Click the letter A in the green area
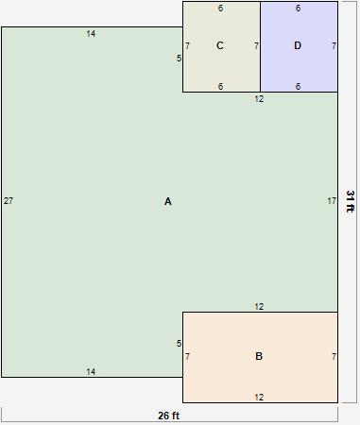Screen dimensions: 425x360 [x=168, y=201]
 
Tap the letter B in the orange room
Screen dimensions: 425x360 [x=259, y=356]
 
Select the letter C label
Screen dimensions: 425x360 [x=220, y=45]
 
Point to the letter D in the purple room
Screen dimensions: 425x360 [x=298, y=45]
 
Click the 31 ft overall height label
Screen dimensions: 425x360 [x=350, y=201]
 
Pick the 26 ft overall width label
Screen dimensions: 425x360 [x=168, y=416]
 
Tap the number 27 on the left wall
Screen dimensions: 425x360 [x=9, y=201]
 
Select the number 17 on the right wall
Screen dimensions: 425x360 [x=331, y=201]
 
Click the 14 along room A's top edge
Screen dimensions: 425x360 [x=91, y=34]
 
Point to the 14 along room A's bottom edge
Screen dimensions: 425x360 [x=91, y=371]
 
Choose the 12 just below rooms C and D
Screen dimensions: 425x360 [x=259, y=99]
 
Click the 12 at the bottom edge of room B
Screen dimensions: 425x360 [x=259, y=397]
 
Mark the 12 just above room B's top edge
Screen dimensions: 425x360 [x=259, y=306]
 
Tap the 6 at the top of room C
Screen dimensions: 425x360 [x=220, y=8]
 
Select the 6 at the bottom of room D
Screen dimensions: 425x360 [x=298, y=86]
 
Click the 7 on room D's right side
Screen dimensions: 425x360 [x=334, y=45]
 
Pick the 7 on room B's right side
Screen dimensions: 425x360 [x=334, y=356]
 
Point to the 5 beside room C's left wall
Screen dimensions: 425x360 [x=179, y=59]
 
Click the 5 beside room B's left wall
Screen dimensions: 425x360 [x=179, y=343]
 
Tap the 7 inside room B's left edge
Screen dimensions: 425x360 [x=187, y=356]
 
